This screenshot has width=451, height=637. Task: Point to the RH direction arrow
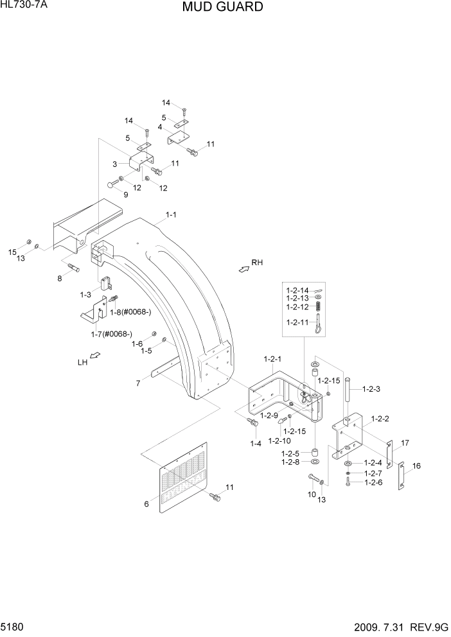click(244, 269)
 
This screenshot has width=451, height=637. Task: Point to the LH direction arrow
click(94, 356)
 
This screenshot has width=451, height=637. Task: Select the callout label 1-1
click(172, 216)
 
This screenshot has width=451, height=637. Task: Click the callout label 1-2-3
click(372, 389)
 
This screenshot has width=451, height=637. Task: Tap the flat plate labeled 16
click(400, 476)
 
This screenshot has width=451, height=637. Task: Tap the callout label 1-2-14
click(296, 290)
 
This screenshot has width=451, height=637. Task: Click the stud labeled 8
click(71, 267)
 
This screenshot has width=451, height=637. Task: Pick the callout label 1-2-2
click(380, 419)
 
